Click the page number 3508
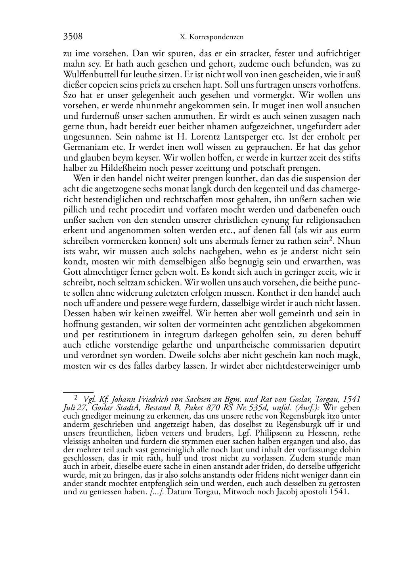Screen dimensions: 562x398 [x=73, y=37]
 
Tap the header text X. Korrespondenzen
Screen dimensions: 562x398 [x=211, y=37]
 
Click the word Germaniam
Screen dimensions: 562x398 [x=84, y=147]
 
